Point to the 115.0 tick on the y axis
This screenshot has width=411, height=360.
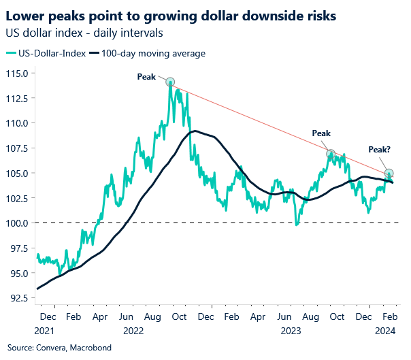(x=17, y=73)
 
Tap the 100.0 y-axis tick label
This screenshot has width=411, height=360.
(x=17, y=223)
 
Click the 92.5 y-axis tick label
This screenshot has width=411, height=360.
(x=18, y=297)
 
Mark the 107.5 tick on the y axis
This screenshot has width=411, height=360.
(x=17, y=148)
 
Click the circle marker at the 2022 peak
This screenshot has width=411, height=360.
(x=170, y=82)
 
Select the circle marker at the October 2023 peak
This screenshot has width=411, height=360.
(x=331, y=154)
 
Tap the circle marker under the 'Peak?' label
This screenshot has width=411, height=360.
(x=389, y=173)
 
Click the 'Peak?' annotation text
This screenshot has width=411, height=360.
(x=380, y=149)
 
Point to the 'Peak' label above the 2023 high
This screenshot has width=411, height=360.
(x=320, y=133)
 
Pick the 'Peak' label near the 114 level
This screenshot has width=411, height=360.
(x=146, y=78)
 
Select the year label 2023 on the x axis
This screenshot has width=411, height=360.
(x=291, y=331)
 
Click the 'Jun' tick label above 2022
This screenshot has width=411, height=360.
(x=125, y=317)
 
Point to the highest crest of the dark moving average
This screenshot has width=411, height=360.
(x=195, y=131)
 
